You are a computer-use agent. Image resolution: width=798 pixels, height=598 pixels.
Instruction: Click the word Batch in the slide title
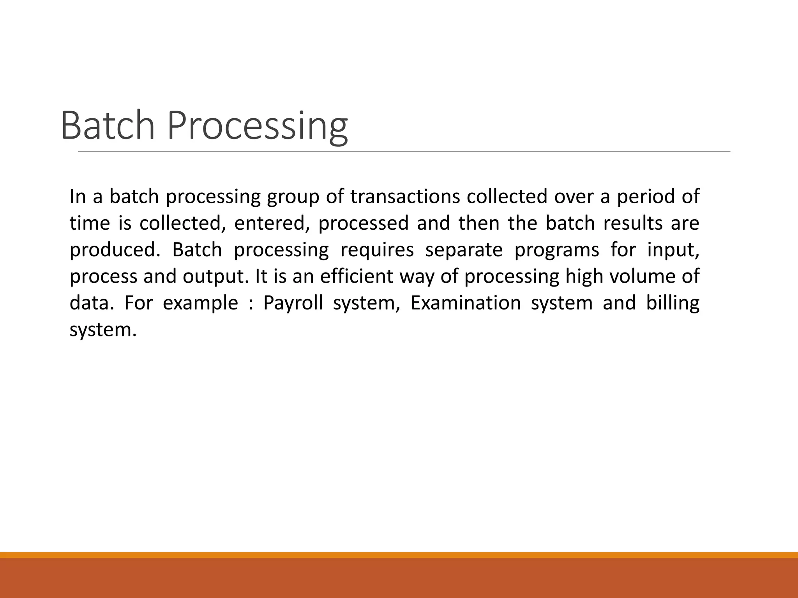tap(108, 125)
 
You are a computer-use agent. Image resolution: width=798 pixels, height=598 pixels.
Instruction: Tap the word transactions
tap(405, 197)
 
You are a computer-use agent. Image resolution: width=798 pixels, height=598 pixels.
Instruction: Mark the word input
tap(673, 250)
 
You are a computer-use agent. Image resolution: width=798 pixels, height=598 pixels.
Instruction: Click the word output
tap(215, 276)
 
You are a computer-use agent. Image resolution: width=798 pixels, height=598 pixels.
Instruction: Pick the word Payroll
tap(293, 303)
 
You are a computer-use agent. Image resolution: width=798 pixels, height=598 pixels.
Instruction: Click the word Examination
tap(465, 303)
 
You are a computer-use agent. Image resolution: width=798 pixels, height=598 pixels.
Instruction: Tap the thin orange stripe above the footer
tap(399, 555)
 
